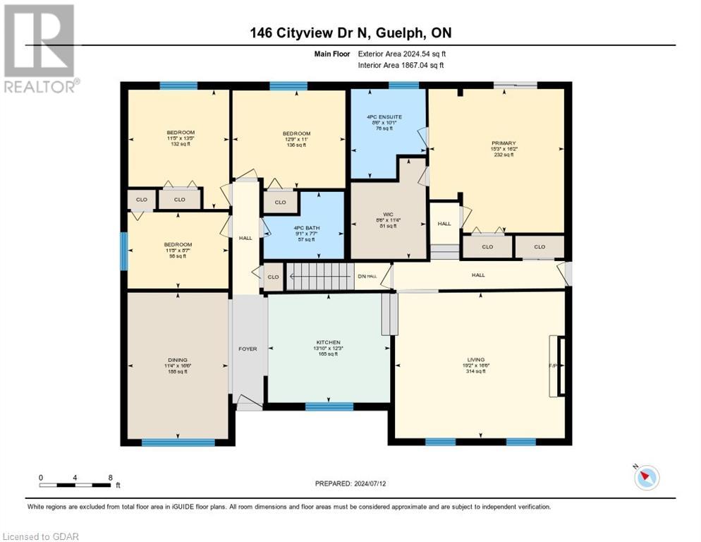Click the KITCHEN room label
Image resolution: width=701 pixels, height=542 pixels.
[329, 342]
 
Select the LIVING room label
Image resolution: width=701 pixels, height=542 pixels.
[476, 360]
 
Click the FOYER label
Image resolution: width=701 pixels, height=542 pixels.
[248, 349]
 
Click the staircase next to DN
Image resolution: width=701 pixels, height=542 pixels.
[322, 276]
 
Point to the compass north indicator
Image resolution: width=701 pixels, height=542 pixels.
[645, 478]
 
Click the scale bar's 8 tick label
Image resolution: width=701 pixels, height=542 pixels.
[110, 478]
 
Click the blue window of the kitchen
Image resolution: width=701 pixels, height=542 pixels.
[329, 406]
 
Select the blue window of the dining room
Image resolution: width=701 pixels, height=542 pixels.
[178, 442]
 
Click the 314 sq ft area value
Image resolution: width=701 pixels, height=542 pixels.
[476, 371]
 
